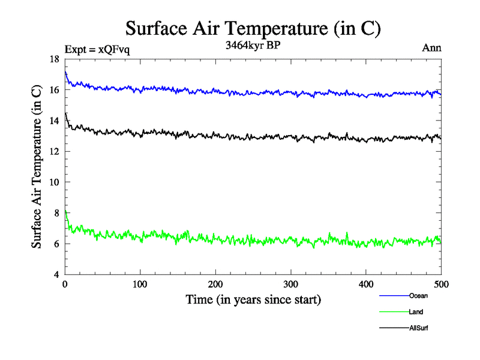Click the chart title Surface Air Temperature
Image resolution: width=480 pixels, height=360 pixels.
253,28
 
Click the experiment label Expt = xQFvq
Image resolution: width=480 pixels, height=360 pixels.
97,49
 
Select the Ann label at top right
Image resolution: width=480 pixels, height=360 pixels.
432,48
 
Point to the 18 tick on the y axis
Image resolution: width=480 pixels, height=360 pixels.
55,59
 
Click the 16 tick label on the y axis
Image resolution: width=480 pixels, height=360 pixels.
55,90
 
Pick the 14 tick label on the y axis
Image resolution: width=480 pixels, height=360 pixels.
55,121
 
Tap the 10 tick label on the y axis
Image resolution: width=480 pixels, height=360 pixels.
55,182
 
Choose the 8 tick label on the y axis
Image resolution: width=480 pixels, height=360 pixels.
57,213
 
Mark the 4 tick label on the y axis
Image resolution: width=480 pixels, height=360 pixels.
57,275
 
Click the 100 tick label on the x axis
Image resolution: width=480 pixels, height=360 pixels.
140,284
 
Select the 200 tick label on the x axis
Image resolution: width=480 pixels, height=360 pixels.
215,284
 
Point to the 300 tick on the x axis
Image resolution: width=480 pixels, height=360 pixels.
290,284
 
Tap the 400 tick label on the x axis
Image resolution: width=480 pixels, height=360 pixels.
366,284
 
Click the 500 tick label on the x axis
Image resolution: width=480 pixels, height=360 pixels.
441,284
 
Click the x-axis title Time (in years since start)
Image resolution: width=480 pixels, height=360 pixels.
253,299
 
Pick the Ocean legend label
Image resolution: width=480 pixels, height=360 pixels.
418,296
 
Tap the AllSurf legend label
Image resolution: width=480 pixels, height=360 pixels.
419,328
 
